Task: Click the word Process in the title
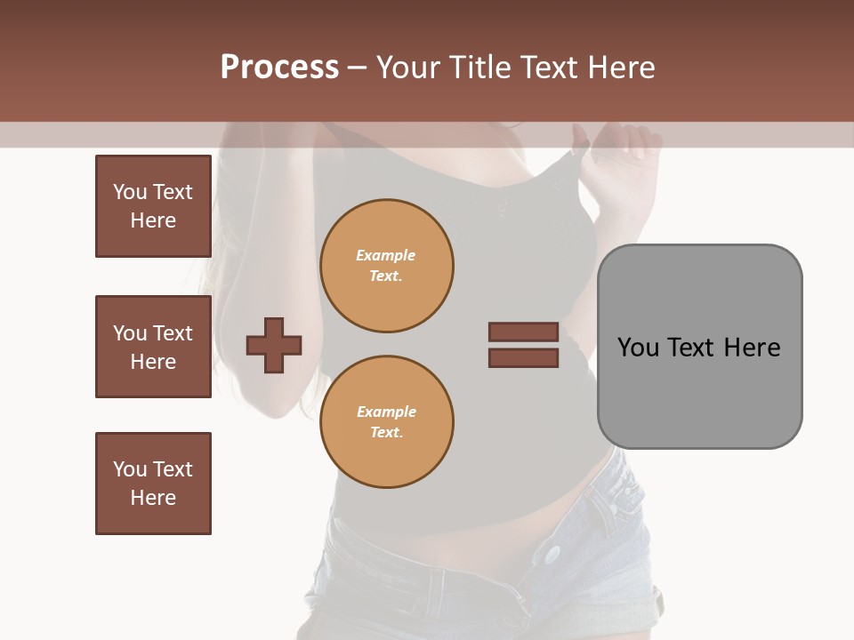279,68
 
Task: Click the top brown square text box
153,206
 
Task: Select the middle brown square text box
153,347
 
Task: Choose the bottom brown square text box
153,484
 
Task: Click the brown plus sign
274,345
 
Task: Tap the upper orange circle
386,266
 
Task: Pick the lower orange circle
386,421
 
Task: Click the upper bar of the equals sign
523,332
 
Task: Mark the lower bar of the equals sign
523,358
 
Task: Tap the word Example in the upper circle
386,255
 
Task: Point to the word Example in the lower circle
386,412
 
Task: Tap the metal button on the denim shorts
553,555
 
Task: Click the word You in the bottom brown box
130,469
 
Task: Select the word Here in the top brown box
153,220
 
